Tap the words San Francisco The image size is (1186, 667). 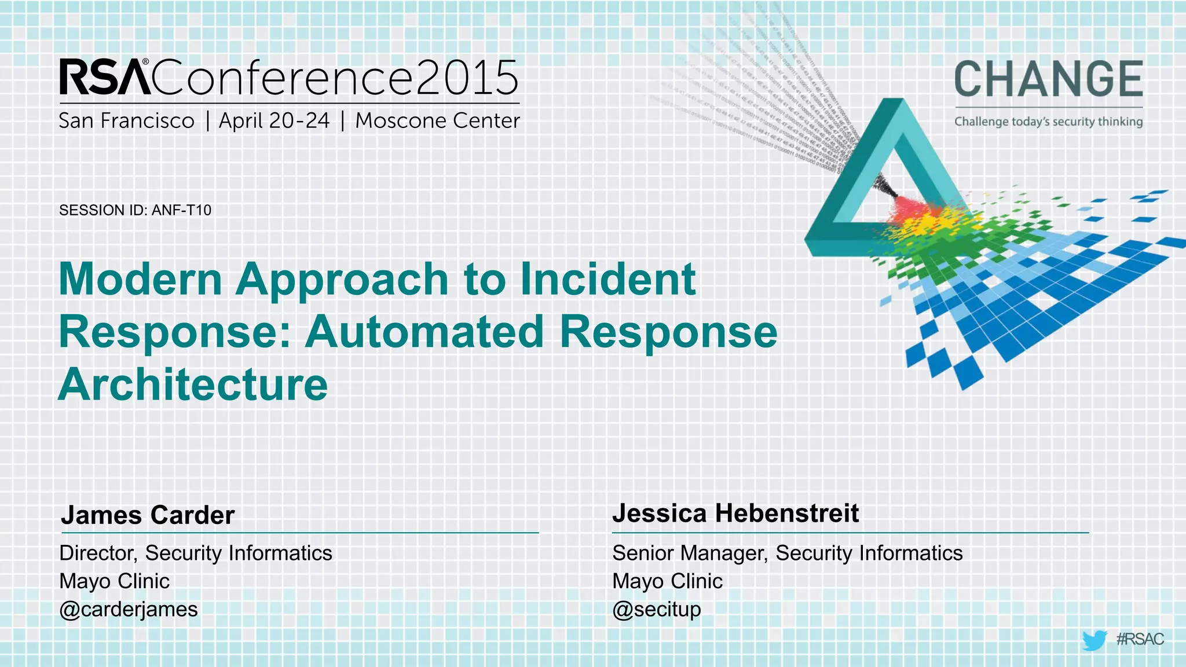tap(126, 121)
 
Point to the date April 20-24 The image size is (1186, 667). tap(274, 121)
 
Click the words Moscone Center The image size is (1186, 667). tap(437, 121)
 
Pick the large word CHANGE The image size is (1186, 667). tap(1048, 79)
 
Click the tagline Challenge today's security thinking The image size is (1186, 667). tap(1048, 122)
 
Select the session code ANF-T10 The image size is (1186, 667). tap(181, 210)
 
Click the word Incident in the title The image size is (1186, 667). tap(607, 279)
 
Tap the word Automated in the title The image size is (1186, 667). tap(424, 332)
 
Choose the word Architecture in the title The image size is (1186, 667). tap(193, 384)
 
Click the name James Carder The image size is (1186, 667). tap(148, 515)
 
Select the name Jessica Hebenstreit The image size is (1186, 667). tap(735, 513)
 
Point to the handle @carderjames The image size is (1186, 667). tap(129, 609)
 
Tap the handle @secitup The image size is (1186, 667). tap(657, 609)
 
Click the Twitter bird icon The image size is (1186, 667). tap(1094, 640)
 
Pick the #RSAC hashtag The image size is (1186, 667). tap(1140, 639)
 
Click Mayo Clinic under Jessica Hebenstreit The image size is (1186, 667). tap(667, 581)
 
